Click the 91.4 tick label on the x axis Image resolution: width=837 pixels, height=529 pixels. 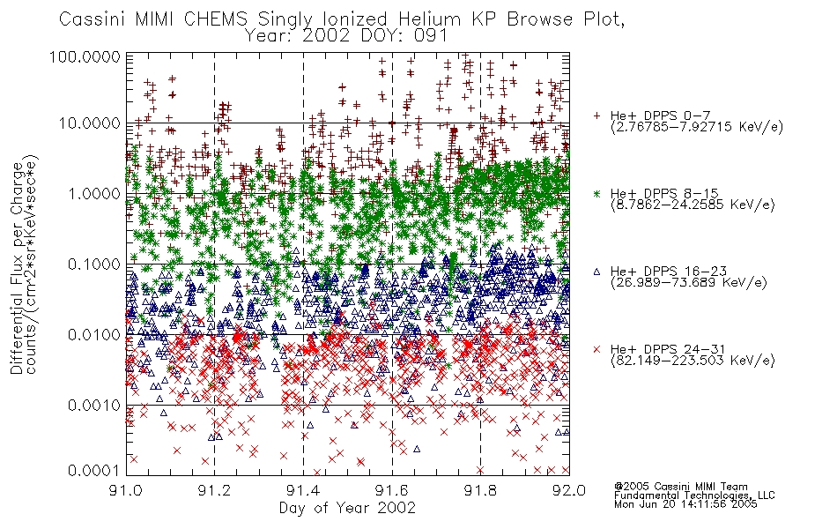coord(303,490)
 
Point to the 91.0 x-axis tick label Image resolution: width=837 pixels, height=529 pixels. coord(126,490)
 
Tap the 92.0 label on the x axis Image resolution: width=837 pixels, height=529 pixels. coord(569,490)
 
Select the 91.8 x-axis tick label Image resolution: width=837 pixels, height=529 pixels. coord(480,490)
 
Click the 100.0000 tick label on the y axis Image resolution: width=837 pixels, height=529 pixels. coord(85,56)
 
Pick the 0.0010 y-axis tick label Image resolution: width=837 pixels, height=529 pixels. coord(94,406)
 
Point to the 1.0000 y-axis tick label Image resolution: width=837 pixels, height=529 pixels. coord(94,193)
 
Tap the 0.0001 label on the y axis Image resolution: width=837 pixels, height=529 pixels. coord(94,471)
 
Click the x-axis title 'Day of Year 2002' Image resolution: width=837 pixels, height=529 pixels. coord(347,508)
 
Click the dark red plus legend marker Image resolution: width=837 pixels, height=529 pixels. coord(596,115)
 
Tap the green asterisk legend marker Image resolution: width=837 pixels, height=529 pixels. coord(596,193)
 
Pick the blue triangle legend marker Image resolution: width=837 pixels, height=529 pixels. coord(596,272)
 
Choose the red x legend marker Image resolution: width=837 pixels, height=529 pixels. coord(596,349)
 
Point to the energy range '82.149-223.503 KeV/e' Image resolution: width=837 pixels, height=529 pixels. coord(693,361)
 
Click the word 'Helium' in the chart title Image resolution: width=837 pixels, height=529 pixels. coord(430,19)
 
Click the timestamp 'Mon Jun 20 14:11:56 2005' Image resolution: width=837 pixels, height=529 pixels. coord(685,504)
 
